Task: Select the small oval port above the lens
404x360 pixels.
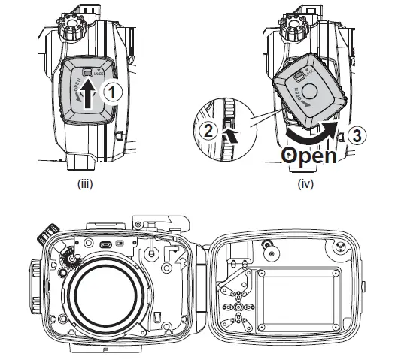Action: pyautogui.click(x=105, y=245)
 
